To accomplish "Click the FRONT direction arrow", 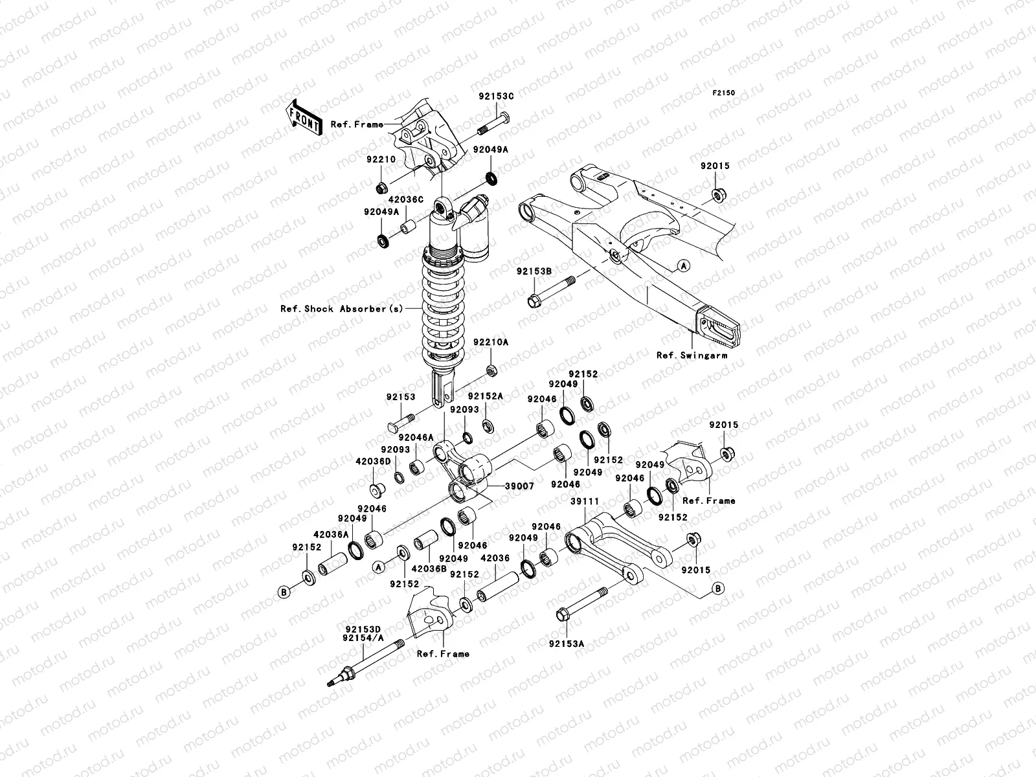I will pyautogui.click(x=305, y=117).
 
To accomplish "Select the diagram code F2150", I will pyautogui.click(x=724, y=93).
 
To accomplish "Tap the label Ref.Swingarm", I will pyautogui.click(x=692, y=355).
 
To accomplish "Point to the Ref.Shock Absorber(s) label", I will pyautogui.click(x=341, y=309).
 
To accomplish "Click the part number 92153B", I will pyautogui.click(x=534, y=271).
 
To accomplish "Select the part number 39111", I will pyautogui.click(x=584, y=501).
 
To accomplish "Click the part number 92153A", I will pyautogui.click(x=566, y=644).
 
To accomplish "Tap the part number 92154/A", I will pyautogui.click(x=364, y=637).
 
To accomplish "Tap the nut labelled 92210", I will pyautogui.click(x=381, y=188).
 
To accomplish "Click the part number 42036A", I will pyautogui.click(x=331, y=535).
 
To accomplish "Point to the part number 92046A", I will pyautogui.click(x=421, y=438).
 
